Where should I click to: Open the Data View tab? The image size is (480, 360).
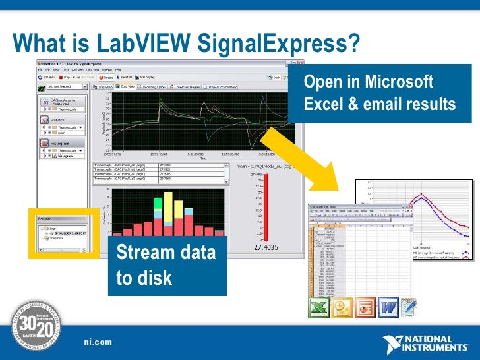(127, 86)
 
